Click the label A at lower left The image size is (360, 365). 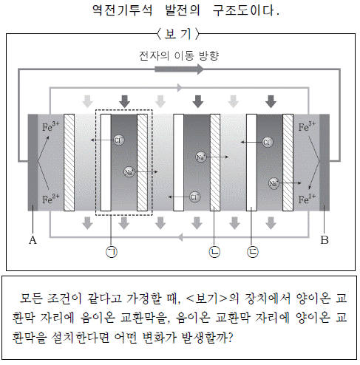pyautogui.click(x=33, y=239)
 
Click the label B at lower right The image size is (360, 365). pyautogui.click(x=325, y=239)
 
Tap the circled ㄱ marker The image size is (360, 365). pyautogui.click(x=112, y=252)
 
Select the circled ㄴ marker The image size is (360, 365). pyautogui.click(x=214, y=252)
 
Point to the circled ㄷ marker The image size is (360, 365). pyautogui.click(x=253, y=252)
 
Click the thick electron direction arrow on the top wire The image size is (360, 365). pyautogui.click(x=179, y=69)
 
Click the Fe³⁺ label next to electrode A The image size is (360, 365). pyautogui.click(x=51, y=126)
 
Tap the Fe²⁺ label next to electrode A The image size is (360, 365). pyautogui.click(x=51, y=199)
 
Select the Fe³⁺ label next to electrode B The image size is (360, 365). pyautogui.click(x=307, y=126)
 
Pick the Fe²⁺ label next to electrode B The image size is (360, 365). pyautogui.click(x=307, y=199)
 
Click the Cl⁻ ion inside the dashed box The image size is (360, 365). pyautogui.click(x=119, y=140)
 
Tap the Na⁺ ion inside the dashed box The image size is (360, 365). pyautogui.click(x=129, y=171)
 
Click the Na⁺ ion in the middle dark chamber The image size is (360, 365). pyautogui.click(x=201, y=157)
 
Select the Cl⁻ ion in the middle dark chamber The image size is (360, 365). pyautogui.click(x=194, y=197)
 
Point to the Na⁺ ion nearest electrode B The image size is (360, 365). pyautogui.click(x=274, y=183)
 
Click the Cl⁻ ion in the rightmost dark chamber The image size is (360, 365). pyautogui.click(x=268, y=142)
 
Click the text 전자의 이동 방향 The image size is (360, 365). pyautogui.click(x=179, y=55)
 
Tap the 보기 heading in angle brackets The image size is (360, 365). pyautogui.click(x=177, y=34)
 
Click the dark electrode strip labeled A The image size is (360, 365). pyautogui.click(x=33, y=163)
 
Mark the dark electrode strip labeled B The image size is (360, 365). pyautogui.click(x=325, y=163)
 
